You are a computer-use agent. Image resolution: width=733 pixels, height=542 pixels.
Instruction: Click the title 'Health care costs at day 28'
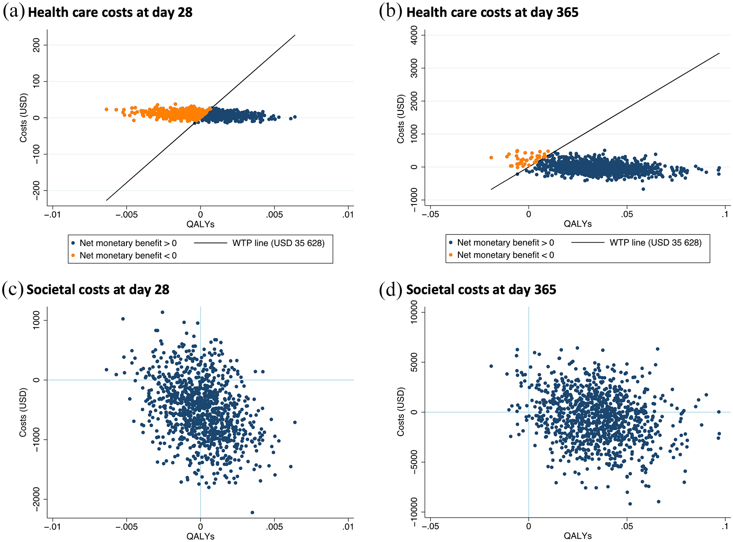(110, 12)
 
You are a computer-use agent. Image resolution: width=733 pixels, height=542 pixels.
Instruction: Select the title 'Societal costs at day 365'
(481, 289)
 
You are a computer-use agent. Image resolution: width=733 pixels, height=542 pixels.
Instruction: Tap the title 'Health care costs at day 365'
(492, 12)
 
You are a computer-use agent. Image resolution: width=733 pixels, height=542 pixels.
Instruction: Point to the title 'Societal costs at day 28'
(98, 289)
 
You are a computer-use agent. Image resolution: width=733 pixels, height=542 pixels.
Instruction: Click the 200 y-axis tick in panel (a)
(37, 45)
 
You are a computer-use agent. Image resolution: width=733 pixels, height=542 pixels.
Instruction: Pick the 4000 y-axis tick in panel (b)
(414, 35)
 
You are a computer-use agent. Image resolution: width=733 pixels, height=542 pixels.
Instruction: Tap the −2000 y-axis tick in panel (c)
(37, 499)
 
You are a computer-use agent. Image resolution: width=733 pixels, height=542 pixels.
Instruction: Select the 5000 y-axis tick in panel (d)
(414, 362)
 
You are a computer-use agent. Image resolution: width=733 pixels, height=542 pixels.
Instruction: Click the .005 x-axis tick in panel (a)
(274, 214)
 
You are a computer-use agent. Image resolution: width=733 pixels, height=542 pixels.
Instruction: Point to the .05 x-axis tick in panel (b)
(627, 214)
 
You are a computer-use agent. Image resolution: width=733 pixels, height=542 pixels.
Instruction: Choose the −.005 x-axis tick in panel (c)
(126, 526)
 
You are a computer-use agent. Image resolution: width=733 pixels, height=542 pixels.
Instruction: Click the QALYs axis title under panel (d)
(577, 536)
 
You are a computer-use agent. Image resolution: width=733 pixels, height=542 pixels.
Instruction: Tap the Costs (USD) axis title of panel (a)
(23, 118)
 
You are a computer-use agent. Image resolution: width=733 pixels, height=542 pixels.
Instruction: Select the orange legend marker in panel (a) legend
(73, 255)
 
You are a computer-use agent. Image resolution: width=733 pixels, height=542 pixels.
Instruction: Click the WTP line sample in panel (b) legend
(588, 243)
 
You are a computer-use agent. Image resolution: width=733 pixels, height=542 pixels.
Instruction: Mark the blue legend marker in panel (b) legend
(451, 243)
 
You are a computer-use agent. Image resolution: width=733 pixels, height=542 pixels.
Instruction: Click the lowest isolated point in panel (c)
(252, 512)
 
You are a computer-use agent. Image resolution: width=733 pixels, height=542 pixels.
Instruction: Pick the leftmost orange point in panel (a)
(106, 110)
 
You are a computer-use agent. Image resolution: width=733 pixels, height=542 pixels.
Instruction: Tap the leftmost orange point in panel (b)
(491, 158)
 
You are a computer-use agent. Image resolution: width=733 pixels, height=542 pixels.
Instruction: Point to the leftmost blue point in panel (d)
(491, 366)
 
